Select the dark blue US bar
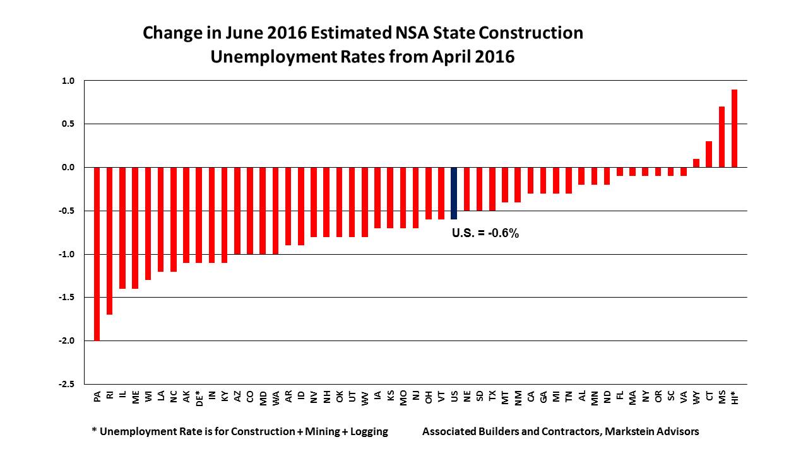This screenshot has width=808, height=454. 454,193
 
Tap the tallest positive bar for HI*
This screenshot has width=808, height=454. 734,129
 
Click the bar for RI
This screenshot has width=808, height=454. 110,240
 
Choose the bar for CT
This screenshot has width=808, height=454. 709,154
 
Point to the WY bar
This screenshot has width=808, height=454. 696,163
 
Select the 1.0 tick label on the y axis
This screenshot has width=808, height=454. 68,81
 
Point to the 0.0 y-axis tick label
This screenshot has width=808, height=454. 68,168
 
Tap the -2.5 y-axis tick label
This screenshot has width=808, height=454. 67,384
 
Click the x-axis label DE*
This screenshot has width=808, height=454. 199,397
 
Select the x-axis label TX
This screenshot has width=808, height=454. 492,395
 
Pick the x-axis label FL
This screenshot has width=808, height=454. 620,395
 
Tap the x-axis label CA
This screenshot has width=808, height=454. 531,395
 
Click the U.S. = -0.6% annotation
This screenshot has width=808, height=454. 485,233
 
